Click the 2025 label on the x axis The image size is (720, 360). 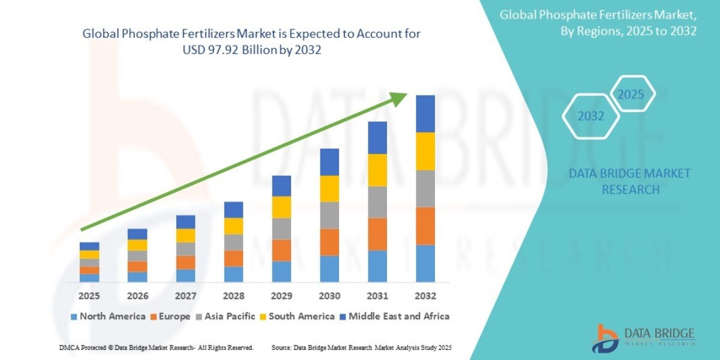pos(89,296)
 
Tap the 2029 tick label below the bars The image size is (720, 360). pos(281,296)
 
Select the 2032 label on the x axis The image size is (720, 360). pos(425,296)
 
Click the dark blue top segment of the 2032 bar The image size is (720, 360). pos(425,113)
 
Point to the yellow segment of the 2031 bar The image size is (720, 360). pos(377,170)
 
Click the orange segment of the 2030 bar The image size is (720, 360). pos(329,242)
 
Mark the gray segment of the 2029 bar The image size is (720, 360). pos(281,229)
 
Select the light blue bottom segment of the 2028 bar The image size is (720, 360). pos(233,274)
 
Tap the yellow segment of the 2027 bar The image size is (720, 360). pos(185,235)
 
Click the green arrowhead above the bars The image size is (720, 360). pos(398,100)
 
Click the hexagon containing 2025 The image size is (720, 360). pos(631,95)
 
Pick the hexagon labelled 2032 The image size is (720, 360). pos(591,116)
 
